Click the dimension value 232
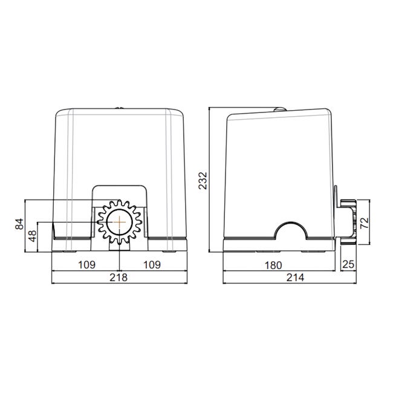click(203, 180)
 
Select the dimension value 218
click(119, 278)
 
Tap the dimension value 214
click(295, 278)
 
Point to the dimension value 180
click(273, 265)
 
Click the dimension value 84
click(19, 224)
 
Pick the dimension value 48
click(32, 236)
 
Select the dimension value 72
click(365, 223)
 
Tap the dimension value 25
click(348, 264)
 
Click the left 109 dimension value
click(86, 265)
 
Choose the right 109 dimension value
click(152, 265)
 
